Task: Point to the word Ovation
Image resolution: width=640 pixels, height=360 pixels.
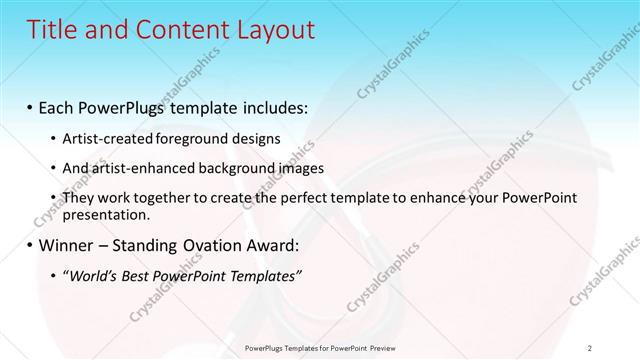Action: click(x=214, y=244)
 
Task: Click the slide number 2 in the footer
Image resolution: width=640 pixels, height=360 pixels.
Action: click(x=590, y=347)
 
